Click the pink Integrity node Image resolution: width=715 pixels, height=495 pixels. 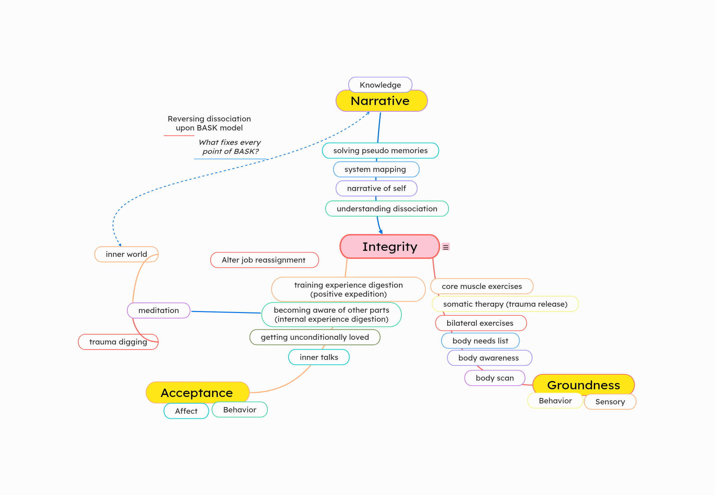point(390,246)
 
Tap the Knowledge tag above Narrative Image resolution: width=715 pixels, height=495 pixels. point(380,85)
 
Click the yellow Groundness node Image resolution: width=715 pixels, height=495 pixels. point(583,385)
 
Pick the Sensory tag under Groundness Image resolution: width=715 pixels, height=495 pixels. point(610,402)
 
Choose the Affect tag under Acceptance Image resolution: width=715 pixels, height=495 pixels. point(186,411)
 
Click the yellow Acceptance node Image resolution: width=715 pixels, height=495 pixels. point(197,393)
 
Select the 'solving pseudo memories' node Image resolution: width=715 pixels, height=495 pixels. point(380,151)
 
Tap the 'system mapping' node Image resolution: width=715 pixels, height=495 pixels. point(376,169)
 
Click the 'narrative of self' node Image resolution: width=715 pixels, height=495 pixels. point(376,188)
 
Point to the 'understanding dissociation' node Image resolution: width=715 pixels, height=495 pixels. point(387,209)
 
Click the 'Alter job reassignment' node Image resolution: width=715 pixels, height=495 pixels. point(264,260)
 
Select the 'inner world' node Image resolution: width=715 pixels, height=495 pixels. point(126,254)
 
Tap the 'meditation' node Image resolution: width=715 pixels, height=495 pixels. point(158,310)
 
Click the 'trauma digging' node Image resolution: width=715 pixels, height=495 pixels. point(118,342)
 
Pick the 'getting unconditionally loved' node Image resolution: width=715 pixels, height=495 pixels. point(315,337)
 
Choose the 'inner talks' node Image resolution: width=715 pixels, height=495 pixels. point(319,357)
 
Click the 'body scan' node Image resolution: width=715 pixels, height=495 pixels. point(494,378)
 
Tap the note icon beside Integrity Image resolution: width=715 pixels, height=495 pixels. point(446,247)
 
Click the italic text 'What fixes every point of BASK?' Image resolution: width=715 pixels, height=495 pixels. point(230,147)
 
